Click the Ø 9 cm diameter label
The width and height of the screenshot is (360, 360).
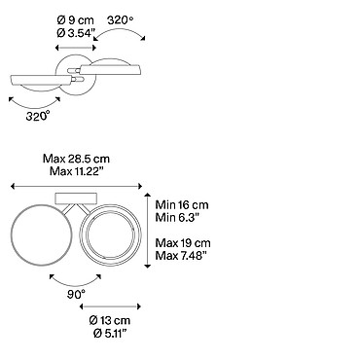click(76, 20)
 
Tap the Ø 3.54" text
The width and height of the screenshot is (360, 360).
click(76, 33)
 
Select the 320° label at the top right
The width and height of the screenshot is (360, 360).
click(121, 20)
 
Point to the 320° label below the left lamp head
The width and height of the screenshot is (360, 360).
click(38, 116)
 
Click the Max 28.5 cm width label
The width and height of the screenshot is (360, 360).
click(76, 159)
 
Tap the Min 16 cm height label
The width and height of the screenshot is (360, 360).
click(182, 205)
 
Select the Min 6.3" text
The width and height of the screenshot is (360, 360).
click(177, 217)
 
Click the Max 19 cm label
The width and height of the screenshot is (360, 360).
click(183, 243)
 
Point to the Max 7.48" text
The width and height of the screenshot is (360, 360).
click(181, 255)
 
